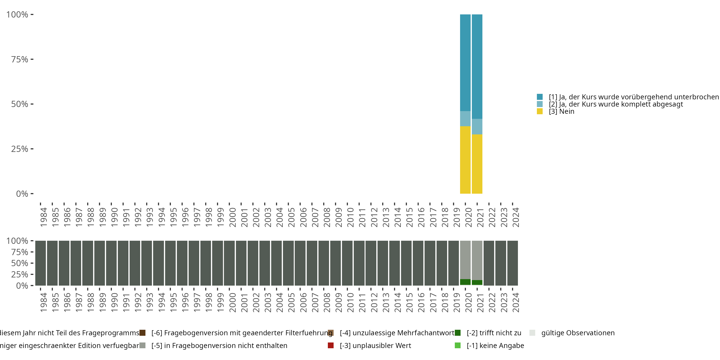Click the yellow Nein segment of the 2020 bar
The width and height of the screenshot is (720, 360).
pos(465,160)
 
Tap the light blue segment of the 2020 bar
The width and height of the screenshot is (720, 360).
pos(465,119)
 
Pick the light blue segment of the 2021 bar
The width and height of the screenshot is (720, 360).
pos(477,127)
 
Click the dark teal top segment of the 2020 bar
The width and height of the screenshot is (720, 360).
pos(465,63)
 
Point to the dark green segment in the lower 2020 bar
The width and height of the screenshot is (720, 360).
pos(465,282)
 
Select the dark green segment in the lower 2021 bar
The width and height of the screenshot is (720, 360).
pos(477,282)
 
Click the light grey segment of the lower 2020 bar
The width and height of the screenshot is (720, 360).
pos(465,260)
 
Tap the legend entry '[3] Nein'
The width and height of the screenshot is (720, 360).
pos(561,112)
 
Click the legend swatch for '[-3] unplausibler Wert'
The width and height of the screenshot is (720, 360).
pos(331,345)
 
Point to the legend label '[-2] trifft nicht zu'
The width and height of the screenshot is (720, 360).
pos(494,333)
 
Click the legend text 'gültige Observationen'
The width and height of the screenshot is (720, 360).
pos(578,333)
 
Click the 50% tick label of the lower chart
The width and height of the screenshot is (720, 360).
pos(20,263)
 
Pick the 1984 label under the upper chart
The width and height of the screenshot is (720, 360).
pos(43,217)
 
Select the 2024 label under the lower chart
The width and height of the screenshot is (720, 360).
pos(516,302)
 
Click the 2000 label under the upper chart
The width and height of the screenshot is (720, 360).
pos(232,217)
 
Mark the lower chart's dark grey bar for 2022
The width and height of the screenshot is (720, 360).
pos(489,263)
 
